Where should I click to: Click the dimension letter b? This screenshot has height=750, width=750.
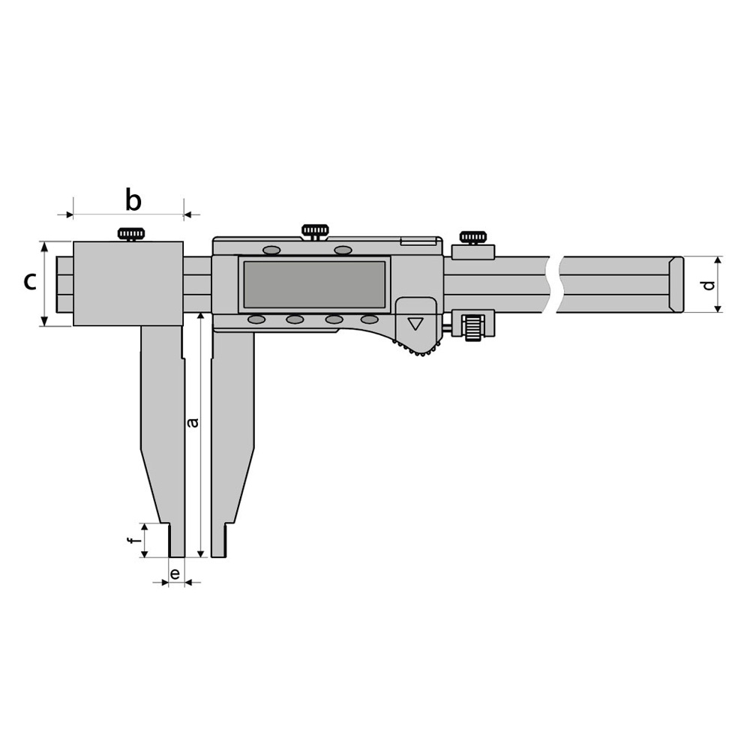coord(133,200)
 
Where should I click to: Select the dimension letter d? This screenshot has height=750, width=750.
coord(709,284)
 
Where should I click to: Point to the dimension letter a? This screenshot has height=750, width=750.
coord(193,423)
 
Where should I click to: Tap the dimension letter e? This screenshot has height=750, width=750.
coord(175,573)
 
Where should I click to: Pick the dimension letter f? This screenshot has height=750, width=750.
coord(134,541)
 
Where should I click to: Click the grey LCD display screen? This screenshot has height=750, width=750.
coord(314,284)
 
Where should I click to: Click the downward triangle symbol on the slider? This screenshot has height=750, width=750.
coord(415,324)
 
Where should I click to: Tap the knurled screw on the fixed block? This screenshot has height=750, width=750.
coord(131,234)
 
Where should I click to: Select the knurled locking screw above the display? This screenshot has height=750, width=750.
coord(315,230)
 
